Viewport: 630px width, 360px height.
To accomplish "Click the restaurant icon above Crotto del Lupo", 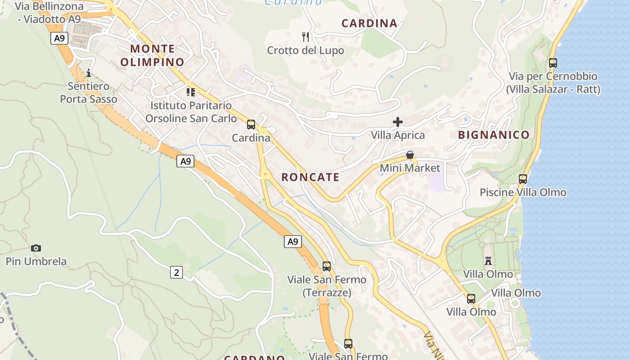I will [x=306, y=36].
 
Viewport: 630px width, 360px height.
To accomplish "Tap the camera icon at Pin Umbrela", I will [x=36, y=248].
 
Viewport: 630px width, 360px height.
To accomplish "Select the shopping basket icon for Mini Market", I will [x=410, y=155].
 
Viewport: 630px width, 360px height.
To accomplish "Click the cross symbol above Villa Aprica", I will [x=398, y=121].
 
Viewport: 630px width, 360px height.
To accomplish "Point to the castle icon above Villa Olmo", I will [x=488, y=261].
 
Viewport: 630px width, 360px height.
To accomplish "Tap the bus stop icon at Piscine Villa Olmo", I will [x=523, y=179].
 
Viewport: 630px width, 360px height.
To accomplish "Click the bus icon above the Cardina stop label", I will [x=251, y=125].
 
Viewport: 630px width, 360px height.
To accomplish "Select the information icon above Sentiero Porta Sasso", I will [x=89, y=73].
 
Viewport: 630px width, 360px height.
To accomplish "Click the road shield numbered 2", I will [x=176, y=272].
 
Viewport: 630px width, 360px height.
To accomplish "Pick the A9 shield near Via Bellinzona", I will [x=59, y=38].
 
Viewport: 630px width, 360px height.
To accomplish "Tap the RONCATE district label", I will [x=310, y=177].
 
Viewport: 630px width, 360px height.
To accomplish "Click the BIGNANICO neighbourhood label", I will [x=494, y=135].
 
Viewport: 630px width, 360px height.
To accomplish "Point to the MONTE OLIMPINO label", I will [x=153, y=55].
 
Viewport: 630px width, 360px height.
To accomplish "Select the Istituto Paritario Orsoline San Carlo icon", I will [x=191, y=92].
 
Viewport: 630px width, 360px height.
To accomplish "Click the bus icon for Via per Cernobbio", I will [x=553, y=63].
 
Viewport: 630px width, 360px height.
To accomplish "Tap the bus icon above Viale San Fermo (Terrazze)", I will [x=327, y=266].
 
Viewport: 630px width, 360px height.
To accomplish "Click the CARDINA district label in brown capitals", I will [x=369, y=23].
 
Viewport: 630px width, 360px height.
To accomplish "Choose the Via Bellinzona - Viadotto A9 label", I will [x=49, y=13].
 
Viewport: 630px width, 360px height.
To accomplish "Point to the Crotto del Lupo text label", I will [x=306, y=50].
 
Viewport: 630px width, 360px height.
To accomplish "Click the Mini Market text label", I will [x=410, y=168].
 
